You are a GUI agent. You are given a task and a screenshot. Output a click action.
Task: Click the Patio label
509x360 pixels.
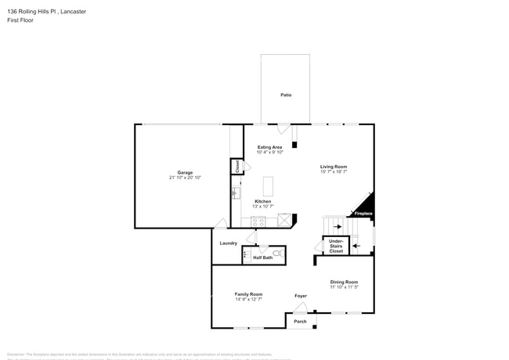[286, 95]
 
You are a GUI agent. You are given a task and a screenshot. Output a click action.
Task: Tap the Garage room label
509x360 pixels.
[185, 172]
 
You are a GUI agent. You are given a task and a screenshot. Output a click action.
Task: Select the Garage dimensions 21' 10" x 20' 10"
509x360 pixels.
[185, 178]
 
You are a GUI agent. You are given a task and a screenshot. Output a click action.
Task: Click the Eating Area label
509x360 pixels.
[270, 146]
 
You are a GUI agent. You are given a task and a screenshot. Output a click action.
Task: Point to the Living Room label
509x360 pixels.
[334, 166]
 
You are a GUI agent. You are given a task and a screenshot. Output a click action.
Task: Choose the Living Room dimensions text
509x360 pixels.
[334, 171]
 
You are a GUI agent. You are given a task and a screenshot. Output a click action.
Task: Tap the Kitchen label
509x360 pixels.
[263, 201]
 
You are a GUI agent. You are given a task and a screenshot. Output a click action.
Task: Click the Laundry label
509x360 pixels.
[228, 243]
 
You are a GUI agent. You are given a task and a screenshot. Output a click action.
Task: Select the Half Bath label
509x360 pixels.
[262, 257]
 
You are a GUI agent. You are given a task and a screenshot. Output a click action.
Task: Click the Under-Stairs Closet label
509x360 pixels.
[336, 247]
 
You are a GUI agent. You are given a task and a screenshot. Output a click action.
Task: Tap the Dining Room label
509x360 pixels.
[344, 282]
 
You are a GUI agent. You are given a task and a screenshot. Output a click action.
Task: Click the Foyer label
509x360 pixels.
[301, 296]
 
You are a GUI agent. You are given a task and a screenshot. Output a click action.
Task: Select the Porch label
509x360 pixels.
[300, 322]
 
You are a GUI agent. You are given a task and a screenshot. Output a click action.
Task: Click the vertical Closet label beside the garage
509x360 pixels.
[236, 166]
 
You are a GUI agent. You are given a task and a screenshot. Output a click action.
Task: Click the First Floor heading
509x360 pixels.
[22, 20]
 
